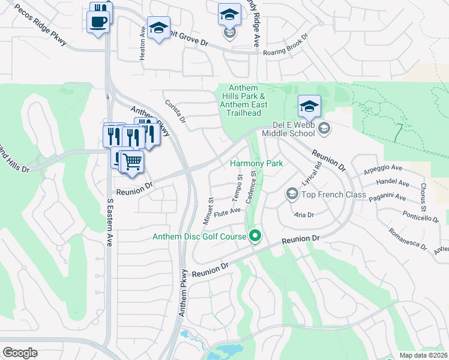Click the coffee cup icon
98,22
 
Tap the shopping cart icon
131,161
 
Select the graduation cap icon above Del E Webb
309,107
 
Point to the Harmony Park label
256,163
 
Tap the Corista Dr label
175,111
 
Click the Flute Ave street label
227,211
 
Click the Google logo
20,353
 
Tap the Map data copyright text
423,355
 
